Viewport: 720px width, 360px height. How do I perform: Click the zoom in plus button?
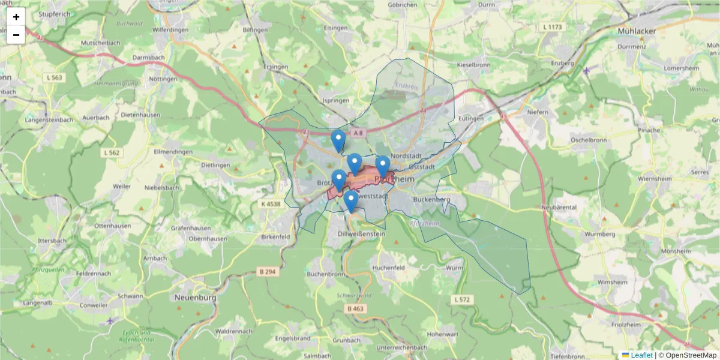click(16, 17)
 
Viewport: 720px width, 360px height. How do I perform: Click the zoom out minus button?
click(16, 35)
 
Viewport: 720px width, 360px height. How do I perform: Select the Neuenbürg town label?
click(195, 297)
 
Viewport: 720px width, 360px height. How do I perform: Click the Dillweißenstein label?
click(361, 234)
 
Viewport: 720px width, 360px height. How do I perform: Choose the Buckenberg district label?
click(432, 199)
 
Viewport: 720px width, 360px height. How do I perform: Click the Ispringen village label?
click(336, 100)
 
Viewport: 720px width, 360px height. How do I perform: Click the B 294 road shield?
click(270, 272)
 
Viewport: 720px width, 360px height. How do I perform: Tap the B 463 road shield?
click(355, 308)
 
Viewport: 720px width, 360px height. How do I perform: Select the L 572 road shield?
click(463, 299)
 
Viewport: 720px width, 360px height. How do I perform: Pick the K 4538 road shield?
click(271, 204)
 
